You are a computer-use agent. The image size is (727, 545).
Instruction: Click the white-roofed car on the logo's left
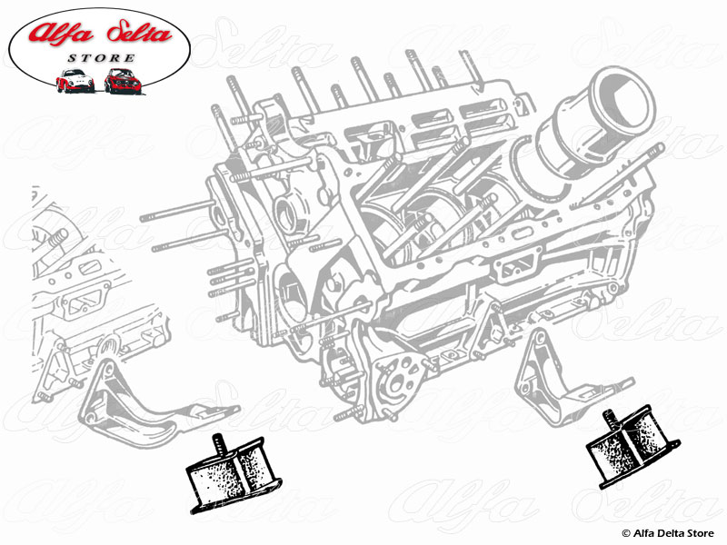(75, 81)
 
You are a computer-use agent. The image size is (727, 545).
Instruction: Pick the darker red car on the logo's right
(121, 81)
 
